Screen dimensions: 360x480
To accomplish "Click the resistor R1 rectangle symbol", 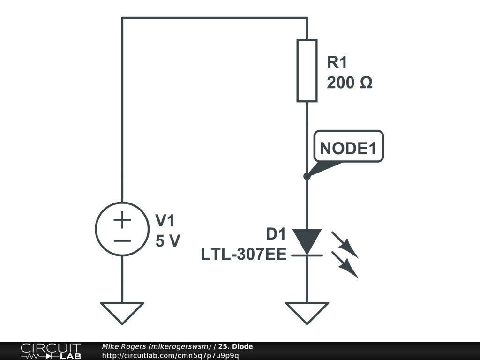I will pyautogui.click(x=307, y=70).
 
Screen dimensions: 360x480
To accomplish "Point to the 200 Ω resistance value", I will pyautogui.click(x=350, y=83).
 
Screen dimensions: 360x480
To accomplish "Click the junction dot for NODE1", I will pyautogui.click(x=307, y=176).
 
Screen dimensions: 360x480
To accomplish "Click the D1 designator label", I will pyautogui.click(x=276, y=234).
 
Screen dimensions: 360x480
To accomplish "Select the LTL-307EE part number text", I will pyautogui.click(x=244, y=255).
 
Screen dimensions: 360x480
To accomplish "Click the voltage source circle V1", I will pyautogui.click(x=122, y=229).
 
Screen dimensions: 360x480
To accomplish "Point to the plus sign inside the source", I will pyautogui.click(x=122, y=220).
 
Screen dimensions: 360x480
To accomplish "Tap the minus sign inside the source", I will pyautogui.click(x=122, y=241).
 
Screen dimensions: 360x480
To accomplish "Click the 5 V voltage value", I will pyautogui.click(x=167, y=241).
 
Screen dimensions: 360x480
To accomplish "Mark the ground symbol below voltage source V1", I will pyautogui.click(x=122, y=312).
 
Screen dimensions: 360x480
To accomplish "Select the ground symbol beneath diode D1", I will pyautogui.click(x=307, y=312).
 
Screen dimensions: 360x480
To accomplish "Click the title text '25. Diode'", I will pyautogui.click(x=236, y=346).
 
